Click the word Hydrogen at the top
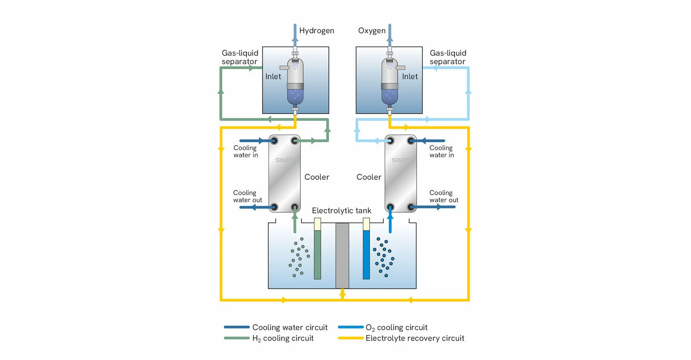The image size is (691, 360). [x=316, y=31]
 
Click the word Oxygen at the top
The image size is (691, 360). [x=371, y=31]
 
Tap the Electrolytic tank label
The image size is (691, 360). [x=342, y=211]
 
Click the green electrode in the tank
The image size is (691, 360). [x=318, y=254]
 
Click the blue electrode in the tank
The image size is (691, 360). [x=366, y=254]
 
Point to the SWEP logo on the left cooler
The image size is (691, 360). [x=284, y=160]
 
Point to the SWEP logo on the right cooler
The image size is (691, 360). [x=400, y=160]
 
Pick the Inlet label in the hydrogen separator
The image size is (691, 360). [x=273, y=76]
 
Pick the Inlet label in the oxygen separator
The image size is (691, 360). [x=410, y=76]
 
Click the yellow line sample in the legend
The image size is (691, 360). [x=351, y=338]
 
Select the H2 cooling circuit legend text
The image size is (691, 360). [x=283, y=338]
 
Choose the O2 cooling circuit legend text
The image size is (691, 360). [x=396, y=328]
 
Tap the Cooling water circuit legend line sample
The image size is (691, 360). [x=237, y=327]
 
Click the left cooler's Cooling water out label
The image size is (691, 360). [x=248, y=196]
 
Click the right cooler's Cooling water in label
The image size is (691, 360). [x=441, y=152]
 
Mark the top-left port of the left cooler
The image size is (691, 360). [x=274, y=140]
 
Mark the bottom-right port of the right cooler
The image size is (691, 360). [x=411, y=207]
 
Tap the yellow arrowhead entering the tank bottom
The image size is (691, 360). [x=342, y=293]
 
